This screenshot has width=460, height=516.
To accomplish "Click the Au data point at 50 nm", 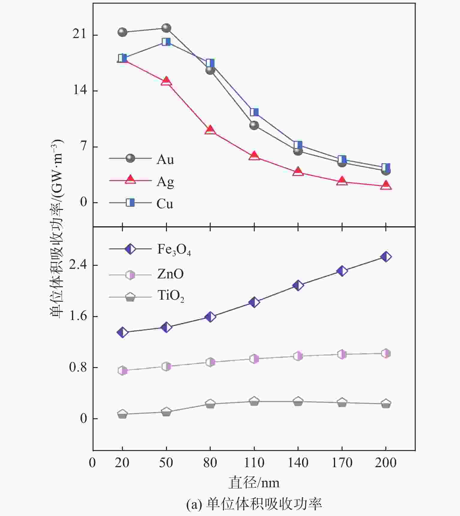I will [x=166, y=28].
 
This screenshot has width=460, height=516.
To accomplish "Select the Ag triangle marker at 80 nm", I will [x=210, y=130].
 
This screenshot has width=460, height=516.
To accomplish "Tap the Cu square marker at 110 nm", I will [x=254, y=112].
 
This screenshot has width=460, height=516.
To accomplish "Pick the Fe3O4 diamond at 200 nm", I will [x=386, y=257].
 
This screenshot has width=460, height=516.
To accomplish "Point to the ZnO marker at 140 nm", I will [x=298, y=356].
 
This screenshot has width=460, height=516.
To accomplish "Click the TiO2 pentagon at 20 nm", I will [x=122, y=414].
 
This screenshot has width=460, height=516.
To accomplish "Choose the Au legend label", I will [x=165, y=159].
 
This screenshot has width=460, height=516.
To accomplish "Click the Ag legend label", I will [x=165, y=182].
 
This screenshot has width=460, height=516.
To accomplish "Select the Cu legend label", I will [x=165, y=204].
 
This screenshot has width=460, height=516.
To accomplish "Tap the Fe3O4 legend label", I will [x=174, y=250].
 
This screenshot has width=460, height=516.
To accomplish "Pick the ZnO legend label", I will [x=170, y=274].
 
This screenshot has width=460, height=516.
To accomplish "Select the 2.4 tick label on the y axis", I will [x=78, y=265].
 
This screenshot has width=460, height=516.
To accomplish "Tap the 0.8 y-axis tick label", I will [x=78, y=367].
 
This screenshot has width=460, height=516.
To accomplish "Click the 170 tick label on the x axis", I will [x=342, y=463].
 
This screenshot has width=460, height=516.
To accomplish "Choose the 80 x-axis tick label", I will [x=210, y=463].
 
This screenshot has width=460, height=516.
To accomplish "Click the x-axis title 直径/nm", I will [x=254, y=483].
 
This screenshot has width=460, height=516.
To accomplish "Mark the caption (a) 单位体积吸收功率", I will [x=254, y=504].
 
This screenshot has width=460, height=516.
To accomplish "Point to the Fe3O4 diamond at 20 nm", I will [x=122, y=332].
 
